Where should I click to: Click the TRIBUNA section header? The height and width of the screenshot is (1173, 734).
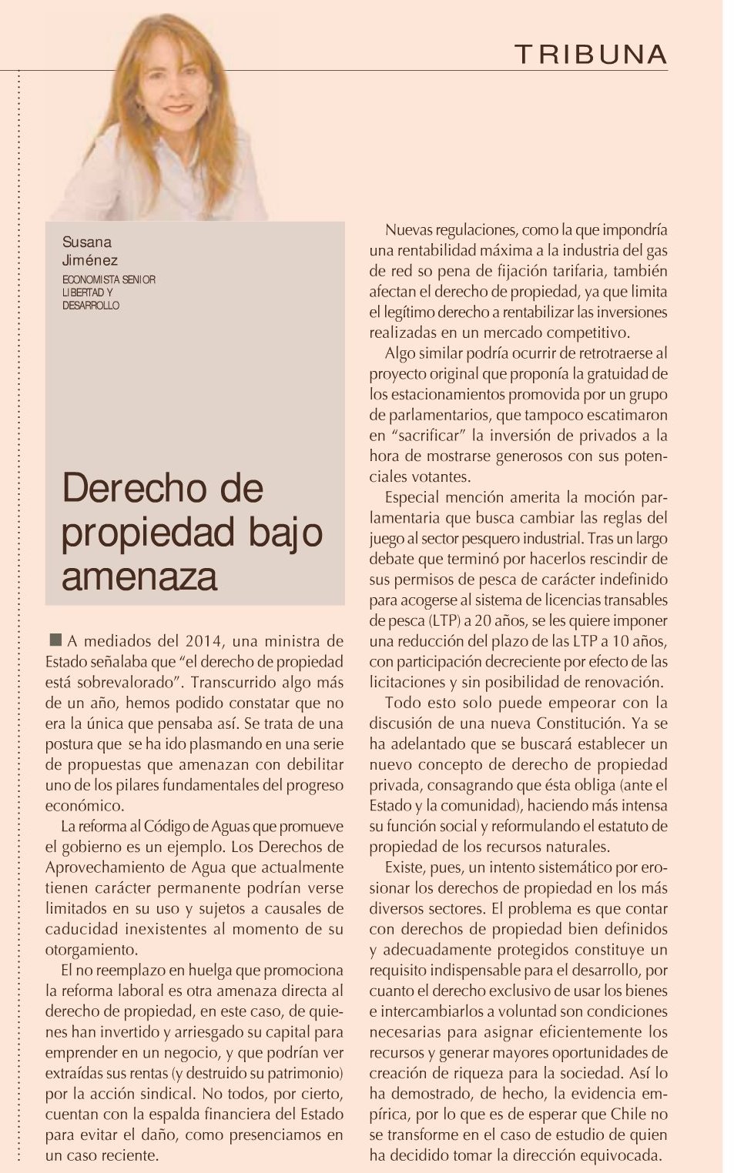point(591,55)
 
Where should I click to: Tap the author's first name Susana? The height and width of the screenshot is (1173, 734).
point(87,242)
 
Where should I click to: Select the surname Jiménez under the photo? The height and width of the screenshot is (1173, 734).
point(90,261)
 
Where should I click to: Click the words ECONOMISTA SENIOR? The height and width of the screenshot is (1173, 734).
point(109,279)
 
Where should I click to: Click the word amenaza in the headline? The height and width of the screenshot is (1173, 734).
point(139,576)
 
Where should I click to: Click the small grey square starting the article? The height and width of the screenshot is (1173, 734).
point(55,640)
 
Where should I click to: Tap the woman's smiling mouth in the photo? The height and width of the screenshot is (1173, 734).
point(178,109)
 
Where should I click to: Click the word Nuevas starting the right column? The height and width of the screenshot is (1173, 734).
point(409,230)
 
